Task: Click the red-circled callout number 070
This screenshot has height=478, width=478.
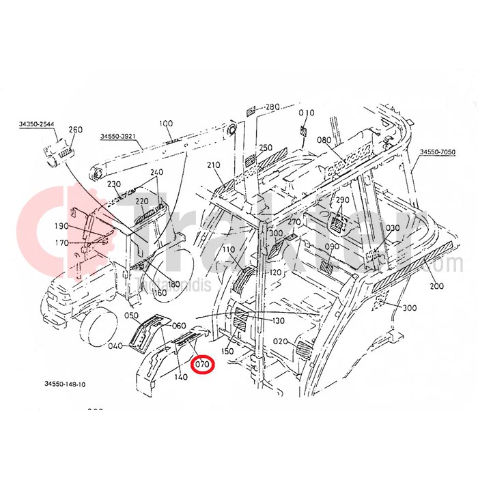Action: (x=202, y=365)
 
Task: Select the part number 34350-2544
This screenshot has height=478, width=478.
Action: (x=36, y=124)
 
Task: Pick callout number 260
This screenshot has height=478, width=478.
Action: (x=75, y=129)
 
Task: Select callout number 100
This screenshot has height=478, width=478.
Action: (x=166, y=124)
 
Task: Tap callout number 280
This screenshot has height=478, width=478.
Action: (x=272, y=107)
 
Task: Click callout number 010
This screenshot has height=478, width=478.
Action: (x=307, y=113)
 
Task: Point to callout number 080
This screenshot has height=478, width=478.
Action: (x=324, y=140)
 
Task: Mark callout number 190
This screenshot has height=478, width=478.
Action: (x=61, y=226)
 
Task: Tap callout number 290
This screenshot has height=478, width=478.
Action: (x=342, y=199)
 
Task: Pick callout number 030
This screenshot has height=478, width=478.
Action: (x=393, y=228)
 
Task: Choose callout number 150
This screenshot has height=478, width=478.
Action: (x=227, y=350)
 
